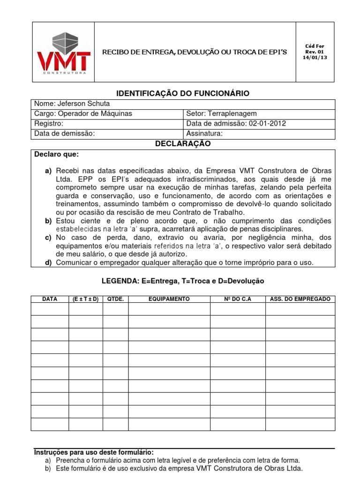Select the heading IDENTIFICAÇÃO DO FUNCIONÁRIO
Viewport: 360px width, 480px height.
[x=183, y=94]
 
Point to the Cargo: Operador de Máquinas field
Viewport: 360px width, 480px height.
[x=83, y=113]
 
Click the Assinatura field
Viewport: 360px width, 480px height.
[x=204, y=134]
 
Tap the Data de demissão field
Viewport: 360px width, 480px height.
[x=65, y=134]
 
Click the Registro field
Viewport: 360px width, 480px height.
[x=49, y=124]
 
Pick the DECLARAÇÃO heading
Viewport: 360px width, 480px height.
[x=183, y=144]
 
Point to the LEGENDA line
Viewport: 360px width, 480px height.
[x=183, y=281]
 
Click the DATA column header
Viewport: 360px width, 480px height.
[x=50, y=299]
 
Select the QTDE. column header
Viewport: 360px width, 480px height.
[x=115, y=299]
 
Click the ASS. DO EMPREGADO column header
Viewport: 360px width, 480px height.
[x=300, y=299]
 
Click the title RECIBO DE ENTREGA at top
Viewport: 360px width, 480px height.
[x=195, y=52]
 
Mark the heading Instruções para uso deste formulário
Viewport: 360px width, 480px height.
[x=94, y=452]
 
